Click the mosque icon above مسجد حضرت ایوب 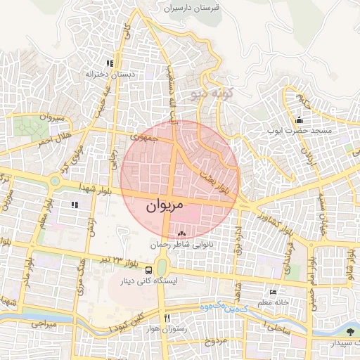[300, 119]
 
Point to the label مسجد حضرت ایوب [302, 131]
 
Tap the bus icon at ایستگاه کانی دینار [148, 269]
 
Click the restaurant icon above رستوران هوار [167, 317]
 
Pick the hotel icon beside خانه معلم [274, 292]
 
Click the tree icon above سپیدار [351, 330]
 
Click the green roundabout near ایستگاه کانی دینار [162, 268]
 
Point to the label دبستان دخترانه [110, 74]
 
